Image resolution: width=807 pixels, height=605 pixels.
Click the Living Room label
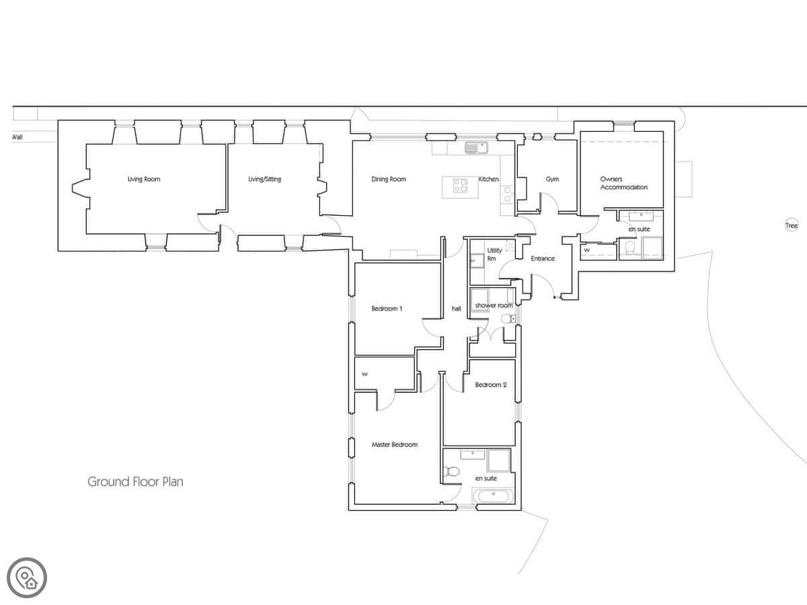[x=144, y=179]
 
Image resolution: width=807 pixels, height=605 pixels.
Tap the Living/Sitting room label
[x=265, y=179]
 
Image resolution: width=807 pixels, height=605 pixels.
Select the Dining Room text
[x=389, y=179]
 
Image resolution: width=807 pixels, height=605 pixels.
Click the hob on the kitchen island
[x=460, y=186]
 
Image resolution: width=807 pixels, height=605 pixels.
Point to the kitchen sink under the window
[x=477, y=148]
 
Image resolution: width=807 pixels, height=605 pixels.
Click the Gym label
[x=552, y=179]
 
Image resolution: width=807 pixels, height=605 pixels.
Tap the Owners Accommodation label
[x=624, y=183]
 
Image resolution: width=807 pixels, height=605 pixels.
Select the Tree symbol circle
[x=792, y=225]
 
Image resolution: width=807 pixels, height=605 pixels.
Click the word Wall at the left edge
[x=17, y=137]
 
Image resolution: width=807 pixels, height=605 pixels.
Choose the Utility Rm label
[x=494, y=254]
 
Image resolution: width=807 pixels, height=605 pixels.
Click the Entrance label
[x=543, y=259]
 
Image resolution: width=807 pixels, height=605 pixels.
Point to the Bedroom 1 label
[x=387, y=309]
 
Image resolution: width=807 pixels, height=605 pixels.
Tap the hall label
[x=456, y=309]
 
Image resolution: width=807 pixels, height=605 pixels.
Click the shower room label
[x=494, y=305]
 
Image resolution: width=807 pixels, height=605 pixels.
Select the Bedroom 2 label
[x=491, y=385]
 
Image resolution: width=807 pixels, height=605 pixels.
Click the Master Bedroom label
[x=395, y=444]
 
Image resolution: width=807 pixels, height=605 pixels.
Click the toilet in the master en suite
[x=451, y=471]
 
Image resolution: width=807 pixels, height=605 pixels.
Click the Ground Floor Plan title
[x=135, y=481]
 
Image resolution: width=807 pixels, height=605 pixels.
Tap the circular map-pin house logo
[x=27, y=578]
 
